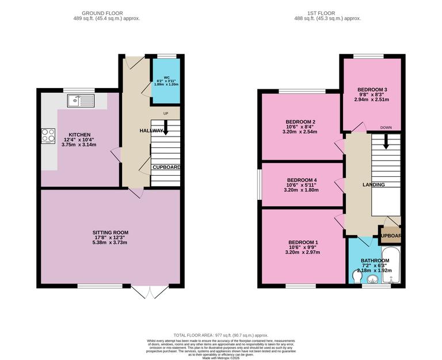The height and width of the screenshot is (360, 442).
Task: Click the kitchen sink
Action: tap(81, 101)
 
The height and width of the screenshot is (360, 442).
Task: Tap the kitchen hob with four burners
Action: tap(48, 136)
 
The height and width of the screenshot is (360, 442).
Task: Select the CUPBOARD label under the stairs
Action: tap(166, 168)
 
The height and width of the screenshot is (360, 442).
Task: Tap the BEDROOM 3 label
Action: tap(372, 90)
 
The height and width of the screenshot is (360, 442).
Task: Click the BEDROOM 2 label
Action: tap(300, 122)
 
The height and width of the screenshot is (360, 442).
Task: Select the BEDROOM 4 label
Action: tap(302, 180)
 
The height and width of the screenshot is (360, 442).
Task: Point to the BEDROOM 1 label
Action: tap(303, 242)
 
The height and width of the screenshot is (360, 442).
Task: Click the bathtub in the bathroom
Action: tap(394, 266)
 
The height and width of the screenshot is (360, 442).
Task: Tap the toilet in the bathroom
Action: tap(357, 278)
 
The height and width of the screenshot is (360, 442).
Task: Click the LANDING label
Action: tap(374, 184)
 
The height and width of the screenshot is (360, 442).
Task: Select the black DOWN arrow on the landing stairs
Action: tap(386, 140)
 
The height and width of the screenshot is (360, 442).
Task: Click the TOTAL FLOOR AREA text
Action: tap(221, 335)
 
